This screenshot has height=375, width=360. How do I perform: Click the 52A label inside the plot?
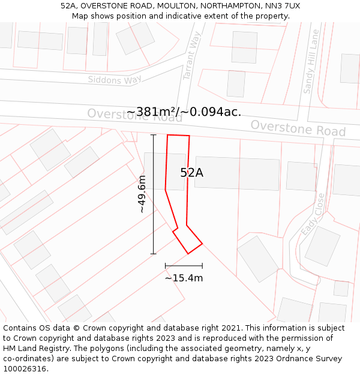(x=191, y=173)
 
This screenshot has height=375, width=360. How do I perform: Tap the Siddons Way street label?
(x=115, y=80)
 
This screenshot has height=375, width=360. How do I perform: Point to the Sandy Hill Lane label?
(x=311, y=62)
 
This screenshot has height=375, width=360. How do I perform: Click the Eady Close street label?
(x=313, y=214)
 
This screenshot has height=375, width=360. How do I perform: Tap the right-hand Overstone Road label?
(x=298, y=128)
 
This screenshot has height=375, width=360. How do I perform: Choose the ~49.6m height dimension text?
(x=141, y=194)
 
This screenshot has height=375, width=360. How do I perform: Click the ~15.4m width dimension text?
(x=184, y=278)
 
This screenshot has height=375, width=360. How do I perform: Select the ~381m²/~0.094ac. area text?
(x=184, y=112)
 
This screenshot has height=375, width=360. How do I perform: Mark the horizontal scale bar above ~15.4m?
(x=184, y=265)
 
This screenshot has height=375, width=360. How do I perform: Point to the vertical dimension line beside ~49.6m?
(x=153, y=194)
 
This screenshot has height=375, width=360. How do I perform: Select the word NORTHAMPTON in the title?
(x=226, y=6)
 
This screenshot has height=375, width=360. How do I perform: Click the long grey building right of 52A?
(x=237, y=173)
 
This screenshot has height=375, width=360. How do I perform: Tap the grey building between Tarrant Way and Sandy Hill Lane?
(x=244, y=47)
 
